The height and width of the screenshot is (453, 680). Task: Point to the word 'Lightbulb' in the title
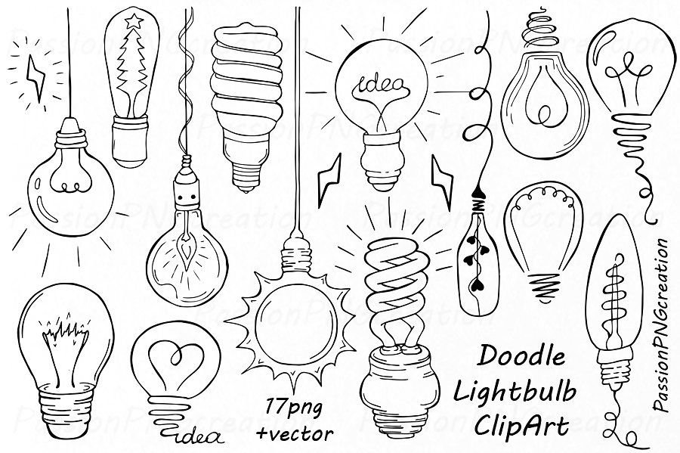(x=515, y=392)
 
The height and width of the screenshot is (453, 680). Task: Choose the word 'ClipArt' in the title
(x=521, y=427)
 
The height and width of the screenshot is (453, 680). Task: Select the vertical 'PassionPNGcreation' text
(x=661, y=324)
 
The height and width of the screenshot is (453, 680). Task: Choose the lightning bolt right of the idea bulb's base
(x=442, y=181)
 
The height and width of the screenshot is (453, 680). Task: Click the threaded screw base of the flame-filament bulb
(x=66, y=409)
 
